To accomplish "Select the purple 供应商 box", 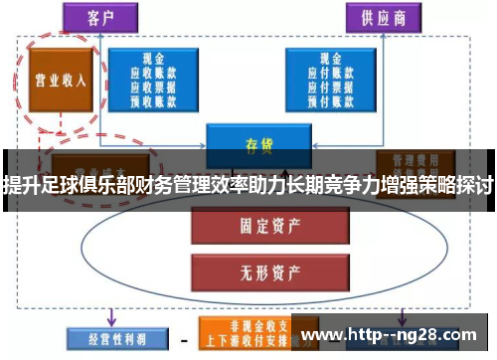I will point(379,18).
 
